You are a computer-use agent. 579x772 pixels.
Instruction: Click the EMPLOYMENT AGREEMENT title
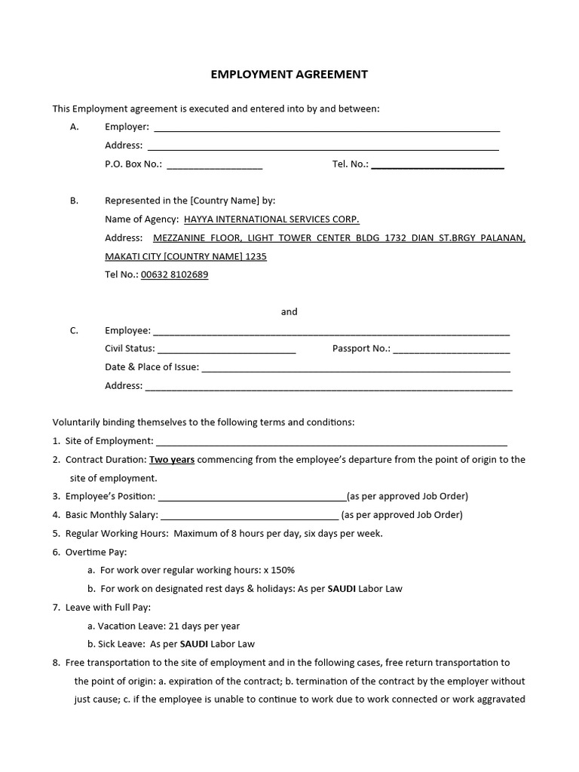tap(289, 74)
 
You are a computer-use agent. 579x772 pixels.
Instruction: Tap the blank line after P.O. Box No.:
tap(214, 165)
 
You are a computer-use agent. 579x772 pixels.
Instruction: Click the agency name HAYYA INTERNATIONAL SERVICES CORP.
tap(266, 219)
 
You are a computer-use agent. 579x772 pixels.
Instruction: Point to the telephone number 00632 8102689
tap(174, 274)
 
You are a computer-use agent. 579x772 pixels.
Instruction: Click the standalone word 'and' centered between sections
tap(289, 311)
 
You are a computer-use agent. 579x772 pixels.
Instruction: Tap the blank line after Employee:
tap(331, 331)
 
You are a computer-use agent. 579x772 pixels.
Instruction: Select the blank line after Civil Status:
tap(226, 350)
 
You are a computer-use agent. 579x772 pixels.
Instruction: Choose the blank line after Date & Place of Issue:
tap(356, 369)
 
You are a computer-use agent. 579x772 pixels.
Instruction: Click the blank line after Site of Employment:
tap(331, 442)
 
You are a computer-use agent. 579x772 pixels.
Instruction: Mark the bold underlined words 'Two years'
tap(172, 459)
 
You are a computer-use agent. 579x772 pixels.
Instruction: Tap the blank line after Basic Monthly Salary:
tap(250, 516)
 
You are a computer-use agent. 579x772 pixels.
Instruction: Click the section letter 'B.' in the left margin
tap(74, 201)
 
